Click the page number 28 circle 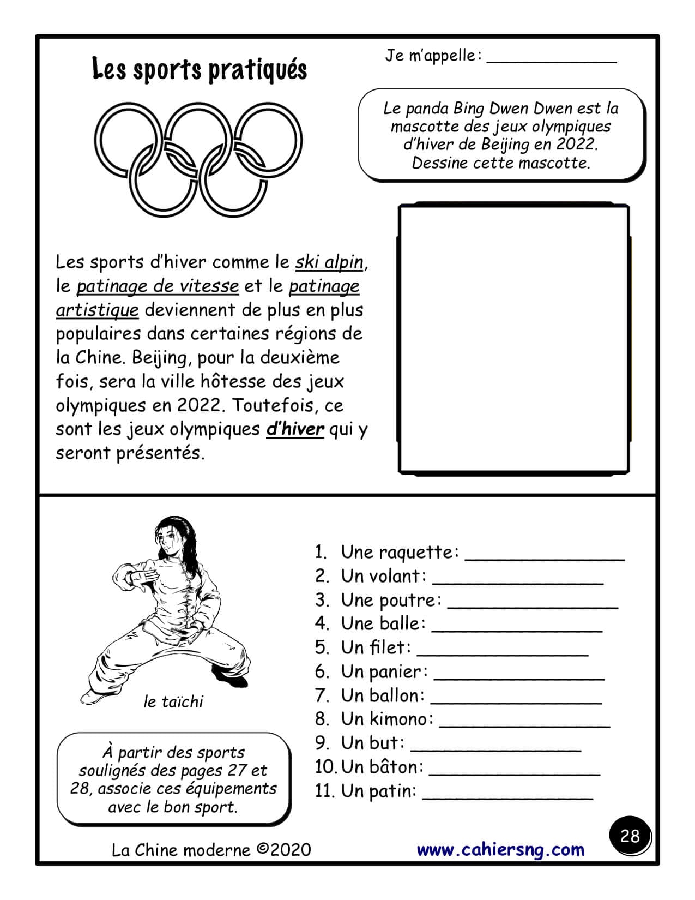(x=630, y=836)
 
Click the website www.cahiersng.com (x=500, y=849)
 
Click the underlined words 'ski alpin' (x=329, y=262)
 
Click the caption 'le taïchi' (x=173, y=701)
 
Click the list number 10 (x=326, y=767)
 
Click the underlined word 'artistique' (x=97, y=310)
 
